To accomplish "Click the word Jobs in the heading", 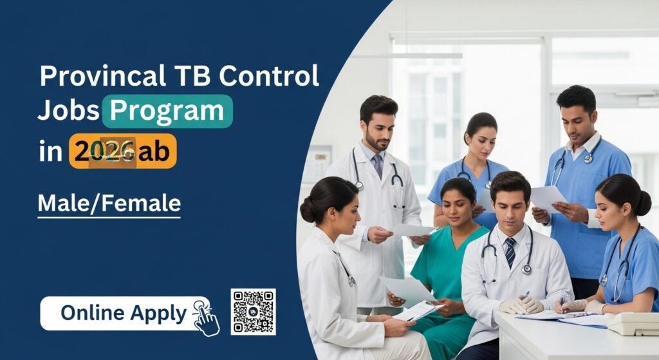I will point(68,111).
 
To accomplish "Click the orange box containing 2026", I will point(122,152).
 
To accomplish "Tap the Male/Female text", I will point(109,203).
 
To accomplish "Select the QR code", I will point(253,312).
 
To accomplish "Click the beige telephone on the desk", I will point(633,323).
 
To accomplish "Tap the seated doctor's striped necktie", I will point(510,252).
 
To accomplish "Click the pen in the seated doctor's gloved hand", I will point(526,296).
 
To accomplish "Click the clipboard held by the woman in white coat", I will point(418,310).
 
